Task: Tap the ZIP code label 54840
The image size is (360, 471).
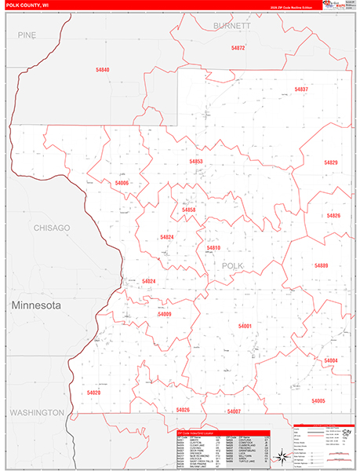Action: click(103, 71)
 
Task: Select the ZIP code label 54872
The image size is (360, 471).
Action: click(238, 48)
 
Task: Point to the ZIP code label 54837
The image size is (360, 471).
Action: click(301, 89)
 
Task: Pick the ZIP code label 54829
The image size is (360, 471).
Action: click(331, 162)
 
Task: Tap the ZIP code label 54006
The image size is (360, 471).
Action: click(121, 183)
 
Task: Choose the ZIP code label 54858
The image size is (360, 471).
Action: click(189, 210)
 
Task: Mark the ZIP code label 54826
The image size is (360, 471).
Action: click(333, 216)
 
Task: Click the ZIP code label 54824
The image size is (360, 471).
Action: click(167, 236)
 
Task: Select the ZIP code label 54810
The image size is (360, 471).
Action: click(213, 248)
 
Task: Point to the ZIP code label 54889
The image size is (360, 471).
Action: click(322, 265)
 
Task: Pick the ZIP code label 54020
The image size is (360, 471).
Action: click(94, 392)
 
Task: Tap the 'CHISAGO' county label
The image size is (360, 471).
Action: click(52, 228)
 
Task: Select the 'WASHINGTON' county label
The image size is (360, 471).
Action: click(37, 412)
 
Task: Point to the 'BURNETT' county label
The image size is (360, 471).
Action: click(232, 25)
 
